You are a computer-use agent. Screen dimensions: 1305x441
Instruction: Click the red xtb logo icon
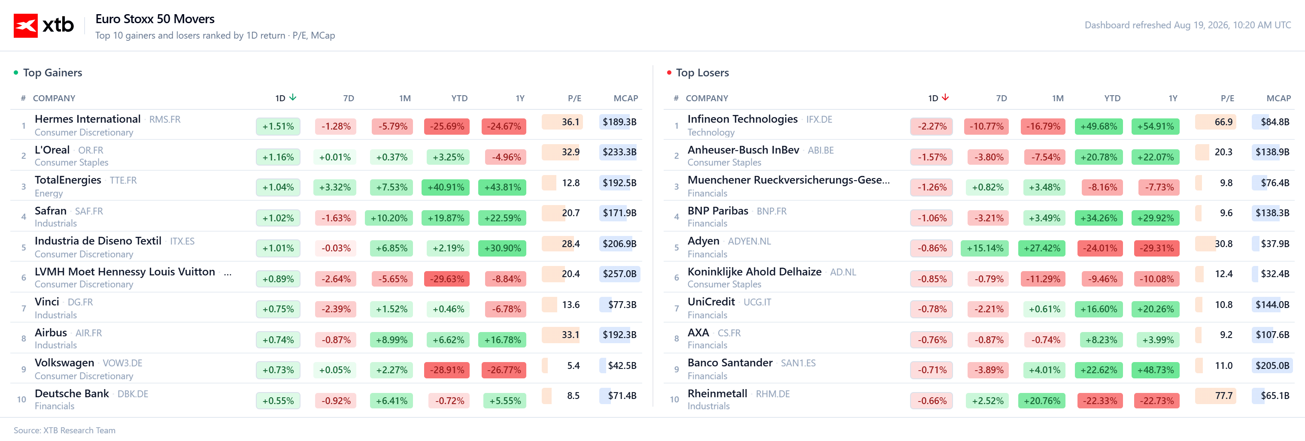pyautogui.click(x=25, y=25)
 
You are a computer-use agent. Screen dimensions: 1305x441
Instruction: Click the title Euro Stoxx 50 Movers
pyautogui.click(x=155, y=19)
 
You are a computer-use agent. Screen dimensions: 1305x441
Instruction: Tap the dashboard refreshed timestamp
pyautogui.click(x=1187, y=25)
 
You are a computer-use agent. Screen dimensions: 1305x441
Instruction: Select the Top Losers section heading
pyautogui.click(x=702, y=73)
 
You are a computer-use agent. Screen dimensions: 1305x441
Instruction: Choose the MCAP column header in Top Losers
pyautogui.click(x=1279, y=98)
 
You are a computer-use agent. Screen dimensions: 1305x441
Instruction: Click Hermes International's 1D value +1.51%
pyautogui.click(x=278, y=127)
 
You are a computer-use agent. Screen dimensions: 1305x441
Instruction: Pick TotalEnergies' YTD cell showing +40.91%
pyautogui.click(x=446, y=187)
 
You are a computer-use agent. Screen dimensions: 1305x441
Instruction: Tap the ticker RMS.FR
pyautogui.click(x=165, y=120)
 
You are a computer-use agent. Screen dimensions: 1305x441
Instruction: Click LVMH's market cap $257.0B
pyautogui.click(x=619, y=274)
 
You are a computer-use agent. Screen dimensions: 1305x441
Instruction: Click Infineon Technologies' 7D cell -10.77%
pyautogui.click(x=986, y=127)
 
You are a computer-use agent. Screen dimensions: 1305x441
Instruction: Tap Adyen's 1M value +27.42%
pyautogui.click(x=1042, y=248)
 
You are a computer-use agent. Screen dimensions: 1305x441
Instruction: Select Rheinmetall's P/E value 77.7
pyautogui.click(x=1223, y=396)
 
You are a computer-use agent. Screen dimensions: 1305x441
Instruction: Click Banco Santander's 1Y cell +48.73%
pyautogui.click(x=1156, y=370)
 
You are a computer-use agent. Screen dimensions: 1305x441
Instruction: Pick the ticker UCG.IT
pyautogui.click(x=757, y=302)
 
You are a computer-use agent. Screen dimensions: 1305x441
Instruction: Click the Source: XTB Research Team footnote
pyautogui.click(x=64, y=430)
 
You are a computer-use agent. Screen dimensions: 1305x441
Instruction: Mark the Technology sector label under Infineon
pyautogui.click(x=711, y=133)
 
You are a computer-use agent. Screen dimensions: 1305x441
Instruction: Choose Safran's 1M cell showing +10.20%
pyautogui.click(x=389, y=218)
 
